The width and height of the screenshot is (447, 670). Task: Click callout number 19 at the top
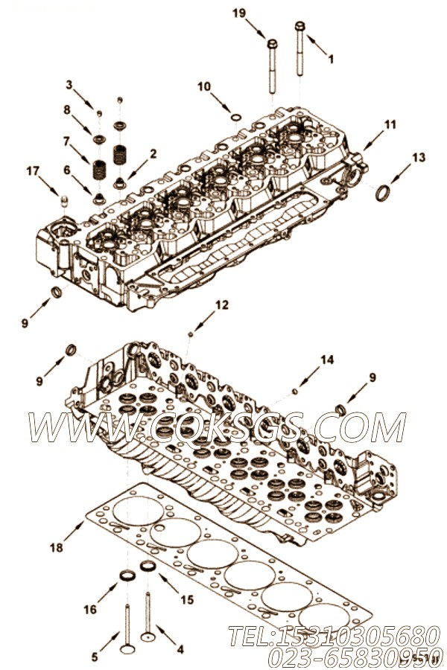(238, 13)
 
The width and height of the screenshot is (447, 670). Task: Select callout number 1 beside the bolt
(331, 59)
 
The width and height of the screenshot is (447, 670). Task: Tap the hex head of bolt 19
(272, 44)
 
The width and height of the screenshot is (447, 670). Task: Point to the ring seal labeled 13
(383, 192)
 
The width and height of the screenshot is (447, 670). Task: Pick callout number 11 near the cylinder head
(390, 124)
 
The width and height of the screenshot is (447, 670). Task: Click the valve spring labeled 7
(100, 169)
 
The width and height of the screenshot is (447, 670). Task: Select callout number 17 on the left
(33, 171)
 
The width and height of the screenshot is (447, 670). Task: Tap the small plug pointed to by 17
(65, 201)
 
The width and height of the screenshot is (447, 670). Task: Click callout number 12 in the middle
(222, 304)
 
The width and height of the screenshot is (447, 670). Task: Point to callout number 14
(327, 360)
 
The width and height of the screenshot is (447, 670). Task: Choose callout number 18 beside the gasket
(57, 547)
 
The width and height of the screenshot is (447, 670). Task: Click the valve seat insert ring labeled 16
(127, 575)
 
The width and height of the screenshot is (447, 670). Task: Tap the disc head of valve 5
(127, 649)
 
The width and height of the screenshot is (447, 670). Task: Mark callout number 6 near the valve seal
(67, 170)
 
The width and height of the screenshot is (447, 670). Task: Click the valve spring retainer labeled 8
(100, 139)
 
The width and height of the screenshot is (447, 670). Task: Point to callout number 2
(153, 154)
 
